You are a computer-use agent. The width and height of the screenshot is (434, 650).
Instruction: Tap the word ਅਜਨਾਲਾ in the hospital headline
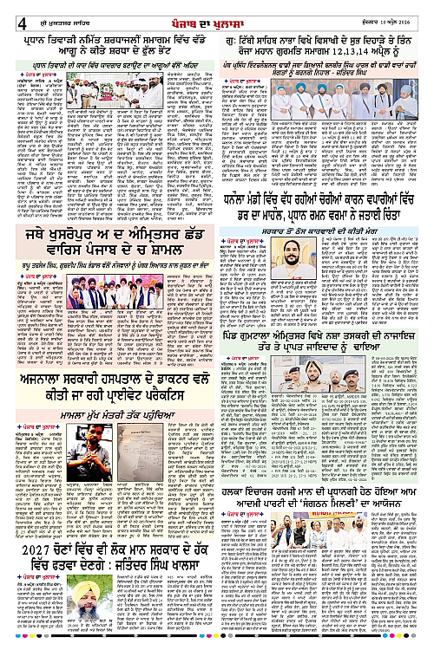point(47,385)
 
